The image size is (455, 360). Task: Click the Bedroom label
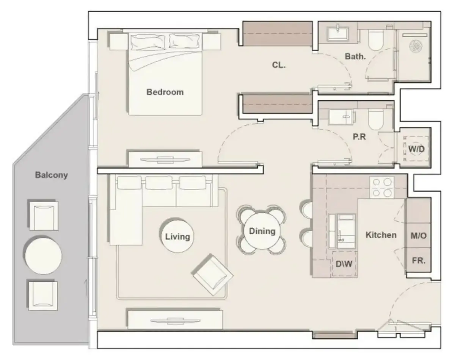pos(165,92)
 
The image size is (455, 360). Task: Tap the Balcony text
pos(52,175)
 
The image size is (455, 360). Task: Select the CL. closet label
pos(279,65)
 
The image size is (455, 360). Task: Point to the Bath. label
pos(355,56)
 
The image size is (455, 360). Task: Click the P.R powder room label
pos(359,137)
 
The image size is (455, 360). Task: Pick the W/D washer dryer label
pos(416,149)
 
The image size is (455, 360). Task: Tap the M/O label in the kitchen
pos(419,236)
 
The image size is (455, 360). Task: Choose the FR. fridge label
pos(419,261)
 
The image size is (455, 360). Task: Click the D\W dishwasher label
pos(344,264)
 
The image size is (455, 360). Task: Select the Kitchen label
pos(381,235)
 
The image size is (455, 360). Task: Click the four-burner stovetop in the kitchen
pos(382,187)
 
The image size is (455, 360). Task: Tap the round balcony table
pos(43,256)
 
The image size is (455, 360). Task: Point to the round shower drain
pos(416,46)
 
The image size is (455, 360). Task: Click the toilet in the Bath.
pos(376,40)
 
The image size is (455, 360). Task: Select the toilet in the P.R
pos(376,119)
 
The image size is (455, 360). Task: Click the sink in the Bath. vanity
pos(338,34)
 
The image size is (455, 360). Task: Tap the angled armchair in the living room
pos(212,275)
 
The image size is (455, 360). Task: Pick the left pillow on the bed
pos(148,42)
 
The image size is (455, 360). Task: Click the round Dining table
pos(262,231)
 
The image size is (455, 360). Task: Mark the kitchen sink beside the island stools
pos(342,231)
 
